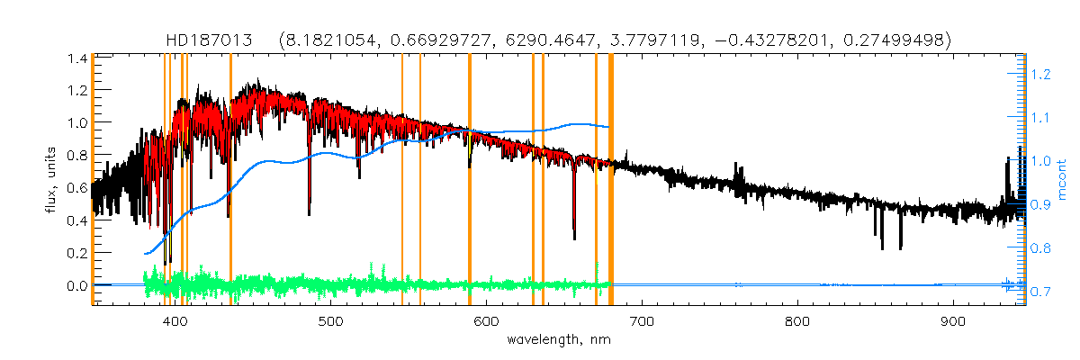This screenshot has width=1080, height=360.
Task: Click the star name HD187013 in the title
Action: [x=212, y=40]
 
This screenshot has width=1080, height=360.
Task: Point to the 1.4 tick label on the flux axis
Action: [x=76, y=58]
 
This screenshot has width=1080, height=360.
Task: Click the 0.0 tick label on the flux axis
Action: [x=76, y=285]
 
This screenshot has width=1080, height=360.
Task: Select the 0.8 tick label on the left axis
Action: [x=76, y=155]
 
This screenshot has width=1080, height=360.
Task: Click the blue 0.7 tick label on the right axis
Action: [x=1040, y=291]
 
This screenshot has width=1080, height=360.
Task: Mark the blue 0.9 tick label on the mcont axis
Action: [x=1040, y=204]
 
